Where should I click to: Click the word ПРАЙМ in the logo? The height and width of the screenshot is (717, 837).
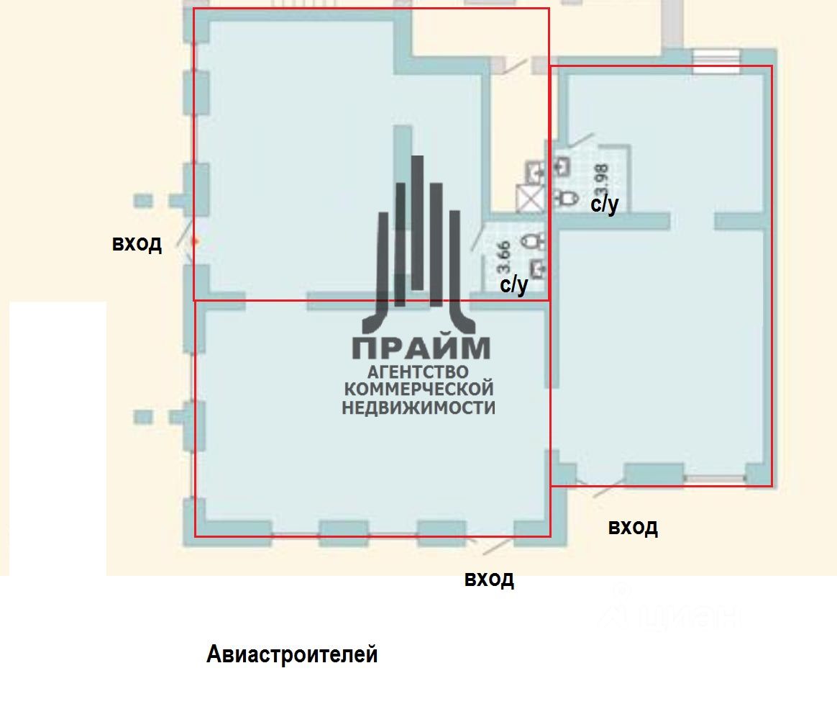click(421, 348)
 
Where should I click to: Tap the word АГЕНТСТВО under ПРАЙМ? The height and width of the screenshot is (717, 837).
click(418, 372)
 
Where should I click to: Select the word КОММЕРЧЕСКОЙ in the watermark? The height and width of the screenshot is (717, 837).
click(419, 389)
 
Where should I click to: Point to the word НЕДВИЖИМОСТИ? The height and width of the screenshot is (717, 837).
click(418, 407)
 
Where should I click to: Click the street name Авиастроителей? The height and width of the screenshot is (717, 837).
click(292, 654)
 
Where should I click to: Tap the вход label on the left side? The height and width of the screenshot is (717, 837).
click(137, 243)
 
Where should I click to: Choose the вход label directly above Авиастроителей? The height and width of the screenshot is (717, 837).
click(489, 579)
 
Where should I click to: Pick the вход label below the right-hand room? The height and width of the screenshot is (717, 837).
click(633, 527)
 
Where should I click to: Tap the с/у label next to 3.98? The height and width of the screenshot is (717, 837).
click(604, 205)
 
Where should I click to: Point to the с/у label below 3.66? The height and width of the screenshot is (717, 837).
click(514, 286)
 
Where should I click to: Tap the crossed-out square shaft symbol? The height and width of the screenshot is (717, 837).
click(531, 197)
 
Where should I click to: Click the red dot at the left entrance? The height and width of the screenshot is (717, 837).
click(193, 243)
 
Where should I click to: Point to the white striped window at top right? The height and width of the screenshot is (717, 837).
click(715, 58)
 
